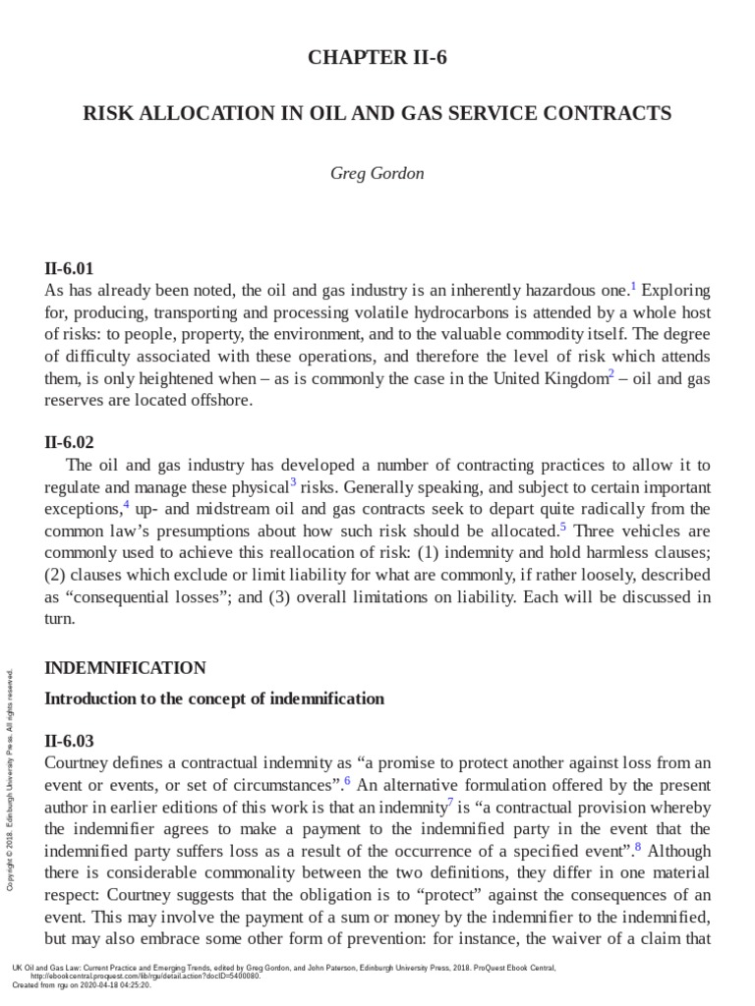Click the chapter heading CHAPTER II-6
(377, 58)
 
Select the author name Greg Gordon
(377, 174)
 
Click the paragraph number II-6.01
(70, 268)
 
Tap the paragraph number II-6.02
(70, 442)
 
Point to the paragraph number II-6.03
(70, 741)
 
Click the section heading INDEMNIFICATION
(126, 668)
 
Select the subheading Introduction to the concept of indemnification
(214, 699)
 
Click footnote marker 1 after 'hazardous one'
(634, 287)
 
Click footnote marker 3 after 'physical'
(293, 481)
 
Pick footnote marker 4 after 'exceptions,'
(126, 504)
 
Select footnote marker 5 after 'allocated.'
(563, 526)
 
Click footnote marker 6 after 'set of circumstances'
(347, 781)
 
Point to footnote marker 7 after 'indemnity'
(450, 803)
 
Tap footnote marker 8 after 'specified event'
(638, 846)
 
